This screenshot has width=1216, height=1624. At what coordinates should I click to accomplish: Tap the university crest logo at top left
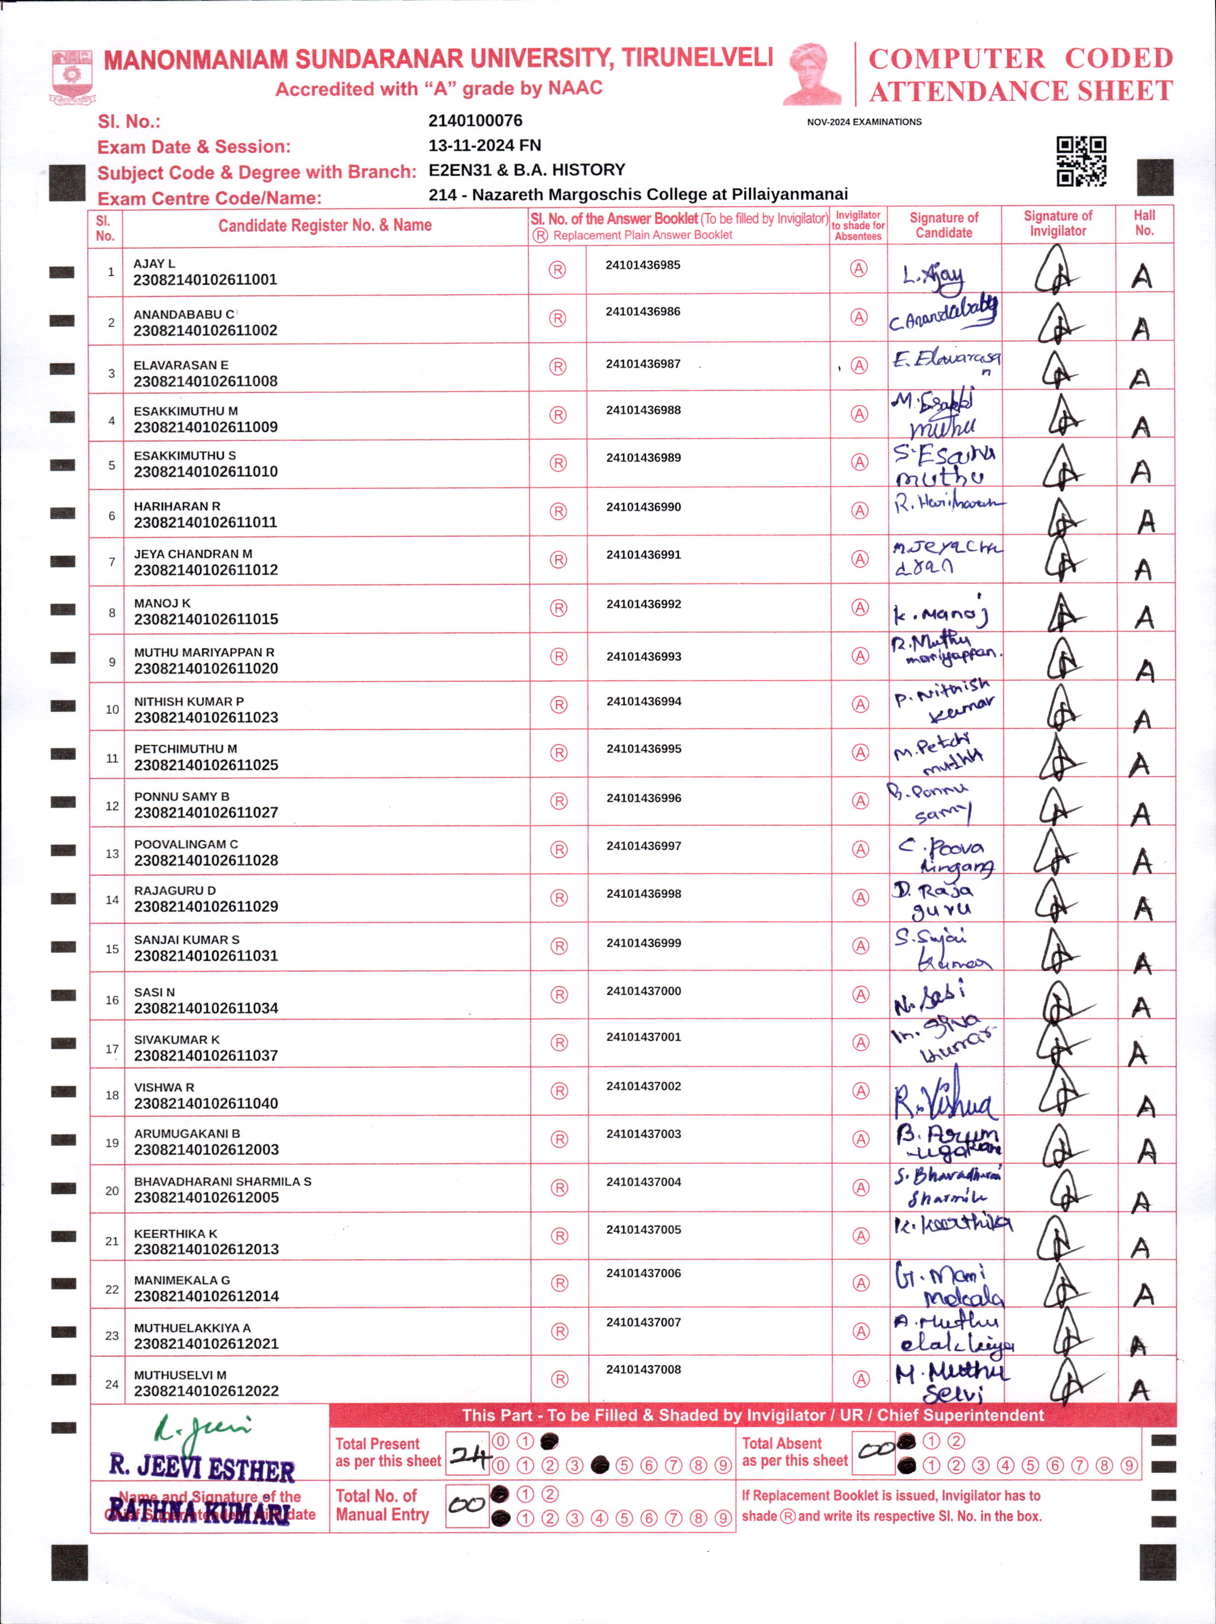click(x=71, y=76)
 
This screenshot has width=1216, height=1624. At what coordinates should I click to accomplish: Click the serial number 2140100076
click(x=475, y=120)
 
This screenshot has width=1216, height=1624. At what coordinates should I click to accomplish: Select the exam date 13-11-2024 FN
click(x=484, y=145)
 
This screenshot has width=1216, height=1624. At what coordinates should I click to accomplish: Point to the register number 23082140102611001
click(x=205, y=280)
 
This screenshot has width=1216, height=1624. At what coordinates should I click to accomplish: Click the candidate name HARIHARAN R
click(x=177, y=506)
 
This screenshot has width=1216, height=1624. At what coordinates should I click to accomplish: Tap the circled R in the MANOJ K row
click(x=558, y=608)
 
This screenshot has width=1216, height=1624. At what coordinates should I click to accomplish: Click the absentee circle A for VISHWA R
click(x=860, y=1091)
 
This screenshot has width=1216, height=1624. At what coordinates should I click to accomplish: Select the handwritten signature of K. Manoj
click(x=941, y=612)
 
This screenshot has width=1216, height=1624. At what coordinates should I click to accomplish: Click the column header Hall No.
click(x=1144, y=223)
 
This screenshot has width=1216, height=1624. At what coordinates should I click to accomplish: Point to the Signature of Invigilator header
click(x=1057, y=223)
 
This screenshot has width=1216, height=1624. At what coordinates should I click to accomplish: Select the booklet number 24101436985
click(x=643, y=265)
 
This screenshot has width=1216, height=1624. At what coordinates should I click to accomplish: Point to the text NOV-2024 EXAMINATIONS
click(x=864, y=122)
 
